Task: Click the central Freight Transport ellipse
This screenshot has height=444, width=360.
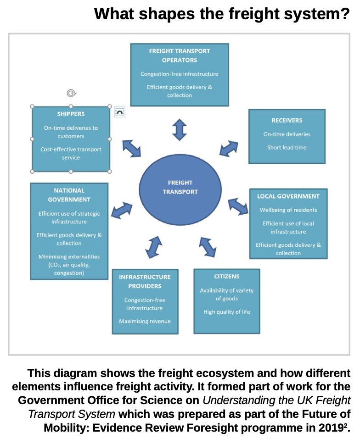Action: coord(180,187)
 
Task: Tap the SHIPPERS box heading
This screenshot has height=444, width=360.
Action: coord(71,114)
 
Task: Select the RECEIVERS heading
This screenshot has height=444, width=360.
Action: coord(287,121)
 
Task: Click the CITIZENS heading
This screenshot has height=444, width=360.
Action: coord(226,277)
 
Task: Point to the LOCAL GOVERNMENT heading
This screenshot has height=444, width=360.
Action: coord(288,196)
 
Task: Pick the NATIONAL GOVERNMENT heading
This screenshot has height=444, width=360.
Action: coord(69,195)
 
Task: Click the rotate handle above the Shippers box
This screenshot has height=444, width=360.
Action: coord(71,93)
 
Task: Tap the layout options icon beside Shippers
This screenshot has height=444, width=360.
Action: coord(120,112)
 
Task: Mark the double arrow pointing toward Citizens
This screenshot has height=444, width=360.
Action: coord(208,247)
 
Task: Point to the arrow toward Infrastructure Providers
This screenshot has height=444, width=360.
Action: coord(153,247)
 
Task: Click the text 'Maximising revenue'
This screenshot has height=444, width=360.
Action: coord(145,322)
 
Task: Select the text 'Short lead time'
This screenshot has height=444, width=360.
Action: coord(287,148)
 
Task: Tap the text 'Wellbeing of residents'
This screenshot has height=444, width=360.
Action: coord(288,210)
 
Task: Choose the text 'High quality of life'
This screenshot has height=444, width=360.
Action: coord(226,312)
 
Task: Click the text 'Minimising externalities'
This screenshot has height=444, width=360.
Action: coord(69,257)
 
